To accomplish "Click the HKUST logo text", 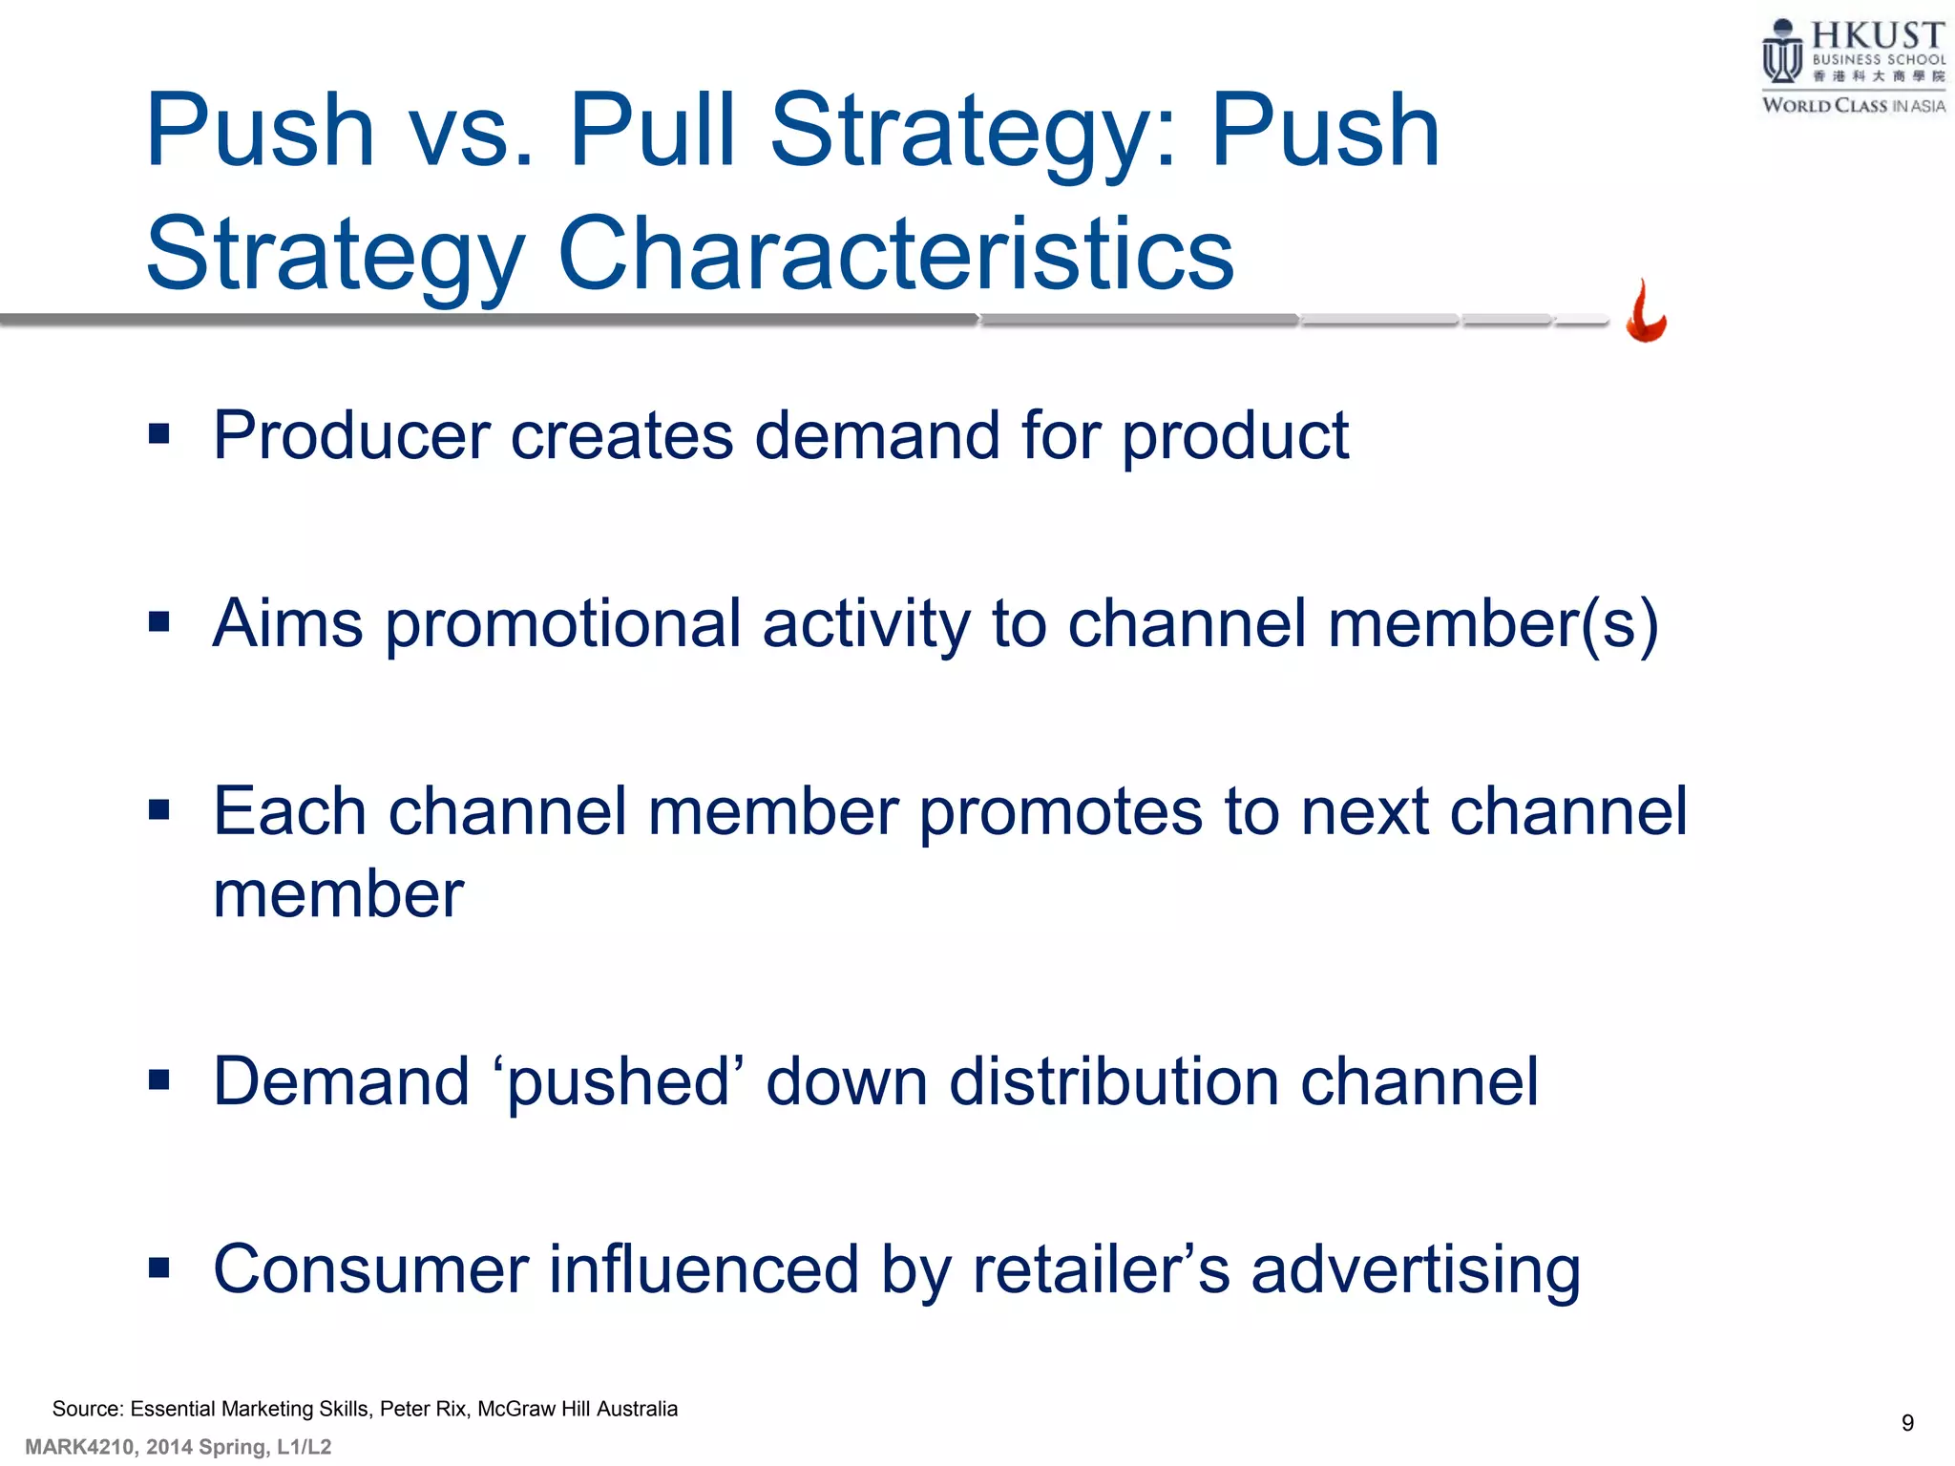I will pos(1877,36).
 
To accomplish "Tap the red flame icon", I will pos(1646,312).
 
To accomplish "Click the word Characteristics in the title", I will pos(895,254).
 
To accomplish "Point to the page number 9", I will pos(1907,1423).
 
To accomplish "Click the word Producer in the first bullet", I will pos(350,436).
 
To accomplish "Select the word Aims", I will pos(287,624).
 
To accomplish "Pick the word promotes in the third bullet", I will pos(1061,812).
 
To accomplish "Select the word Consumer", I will pos(369,1269).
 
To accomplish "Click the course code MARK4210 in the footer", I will pos(79,1447).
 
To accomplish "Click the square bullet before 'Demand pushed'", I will pos(159,1080).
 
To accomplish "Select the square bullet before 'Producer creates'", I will pos(159,435).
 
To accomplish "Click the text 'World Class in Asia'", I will pos(1853,106).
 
